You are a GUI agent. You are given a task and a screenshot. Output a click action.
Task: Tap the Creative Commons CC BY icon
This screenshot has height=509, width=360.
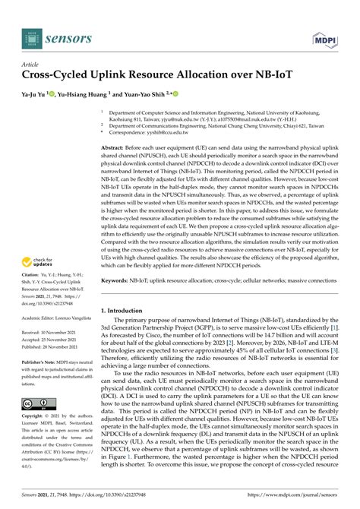[x=37, y=403]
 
